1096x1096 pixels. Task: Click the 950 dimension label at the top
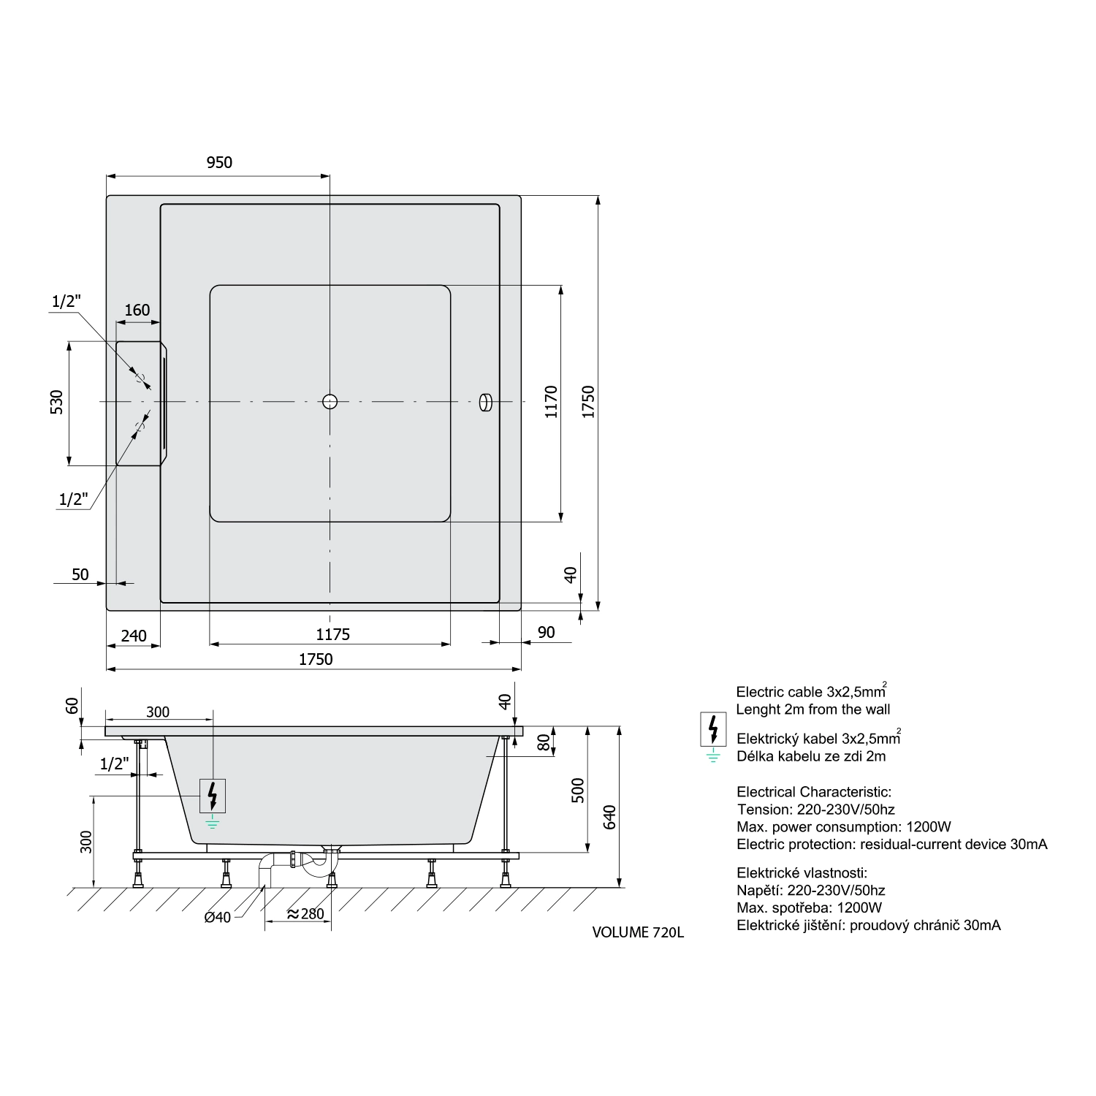pos(219,162)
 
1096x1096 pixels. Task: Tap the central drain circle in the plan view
pos(330,401)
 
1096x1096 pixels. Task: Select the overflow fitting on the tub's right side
pos(484,402)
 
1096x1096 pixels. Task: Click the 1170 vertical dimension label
pos(552,402)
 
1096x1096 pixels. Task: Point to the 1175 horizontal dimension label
pos(332,634)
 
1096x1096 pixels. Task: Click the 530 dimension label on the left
pos(57,402)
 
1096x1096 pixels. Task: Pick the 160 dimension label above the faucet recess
pos(137,310)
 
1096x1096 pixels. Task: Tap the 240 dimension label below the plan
pos(134,636)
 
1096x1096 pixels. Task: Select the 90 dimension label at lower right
pos(546,633)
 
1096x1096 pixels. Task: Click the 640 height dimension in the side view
pos(611,817)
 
